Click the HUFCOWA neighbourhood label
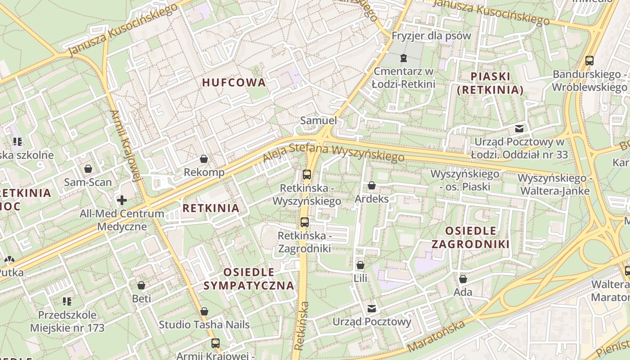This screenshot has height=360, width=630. [234, 83]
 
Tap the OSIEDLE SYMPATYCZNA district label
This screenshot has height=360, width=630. [249, 279]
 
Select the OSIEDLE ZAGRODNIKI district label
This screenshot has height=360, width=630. [470, 237]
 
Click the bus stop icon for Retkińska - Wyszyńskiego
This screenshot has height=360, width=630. [307, 175]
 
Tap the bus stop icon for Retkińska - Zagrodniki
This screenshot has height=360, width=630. [305, 222]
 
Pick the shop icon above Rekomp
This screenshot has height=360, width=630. [204, 159]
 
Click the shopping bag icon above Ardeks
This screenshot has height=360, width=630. [372, 185]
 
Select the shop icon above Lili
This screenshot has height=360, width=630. [360, 265]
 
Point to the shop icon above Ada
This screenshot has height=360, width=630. [463, 279]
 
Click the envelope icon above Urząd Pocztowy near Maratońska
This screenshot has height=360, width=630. [372, 309]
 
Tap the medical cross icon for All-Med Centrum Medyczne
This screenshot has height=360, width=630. [121, 200]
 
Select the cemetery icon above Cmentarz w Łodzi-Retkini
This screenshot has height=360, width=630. [403, 58]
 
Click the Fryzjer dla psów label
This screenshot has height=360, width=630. [431, 36]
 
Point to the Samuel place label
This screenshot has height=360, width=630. [318, 121]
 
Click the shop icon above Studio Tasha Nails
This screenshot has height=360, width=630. [204, 311]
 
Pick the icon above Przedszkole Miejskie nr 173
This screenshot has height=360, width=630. [67, 301]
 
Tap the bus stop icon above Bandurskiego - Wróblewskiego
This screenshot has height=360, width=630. [589, 60]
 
